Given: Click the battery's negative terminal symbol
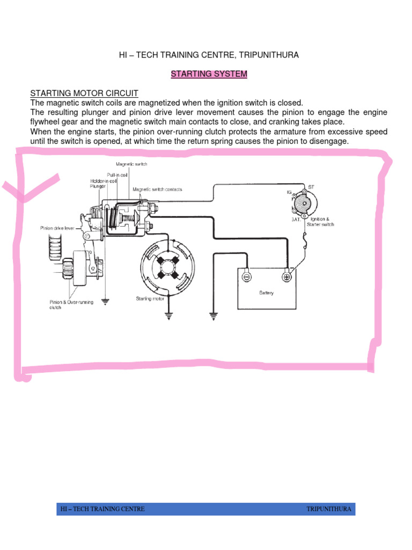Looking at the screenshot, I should pos(246,277).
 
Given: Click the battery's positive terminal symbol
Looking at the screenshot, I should pos(286,277).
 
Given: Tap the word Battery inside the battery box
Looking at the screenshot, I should pos(266,293).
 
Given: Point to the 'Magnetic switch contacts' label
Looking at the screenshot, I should pos(157,190).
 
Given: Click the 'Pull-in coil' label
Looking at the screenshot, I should pos(116,175).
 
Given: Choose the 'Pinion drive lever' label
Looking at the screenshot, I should pos(57,228).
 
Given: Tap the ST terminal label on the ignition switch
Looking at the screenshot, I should pos(311,187).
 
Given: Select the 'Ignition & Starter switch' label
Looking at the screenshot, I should pos(321,222).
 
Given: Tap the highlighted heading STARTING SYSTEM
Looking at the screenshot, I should pos(209,75).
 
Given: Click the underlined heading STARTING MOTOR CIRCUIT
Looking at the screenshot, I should pos(77,93).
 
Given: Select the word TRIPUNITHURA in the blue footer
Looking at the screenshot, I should pos(329,509).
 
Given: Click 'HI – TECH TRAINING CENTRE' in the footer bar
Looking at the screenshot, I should pos(102,509).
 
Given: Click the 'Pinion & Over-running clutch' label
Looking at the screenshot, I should pos(71,305).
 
